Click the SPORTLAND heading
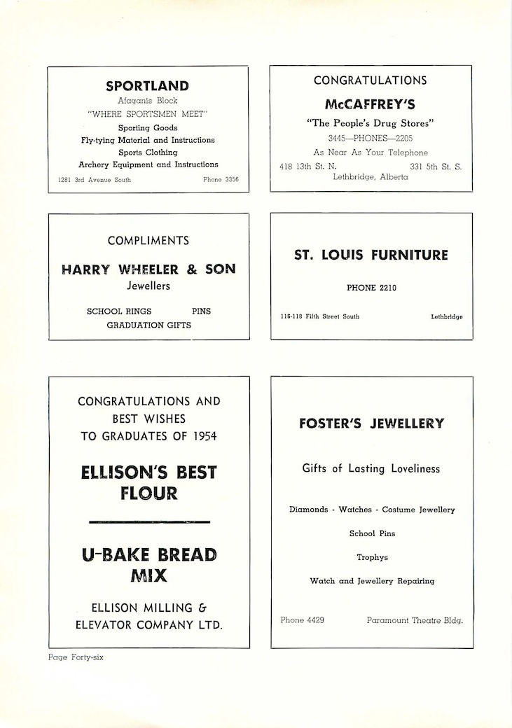pos(147,86)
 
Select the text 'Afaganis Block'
pos(147,101)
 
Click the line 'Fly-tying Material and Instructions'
pos(147,140)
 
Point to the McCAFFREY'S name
pos(370,104)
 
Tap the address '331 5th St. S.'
pos(436,167)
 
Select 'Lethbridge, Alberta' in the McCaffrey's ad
pos(371,177)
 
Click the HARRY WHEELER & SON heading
pos(148,269)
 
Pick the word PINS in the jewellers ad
pos(201,311)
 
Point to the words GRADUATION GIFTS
pos(148,325)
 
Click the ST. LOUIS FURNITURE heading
pos(371,255)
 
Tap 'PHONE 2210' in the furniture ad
pos(371,287)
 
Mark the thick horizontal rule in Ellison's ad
pos(149,522)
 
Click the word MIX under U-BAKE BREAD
pos(148,576)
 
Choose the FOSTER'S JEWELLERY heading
pos(371,423)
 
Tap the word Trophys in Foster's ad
pos(372,557)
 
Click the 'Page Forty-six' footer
pos(76,657)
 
